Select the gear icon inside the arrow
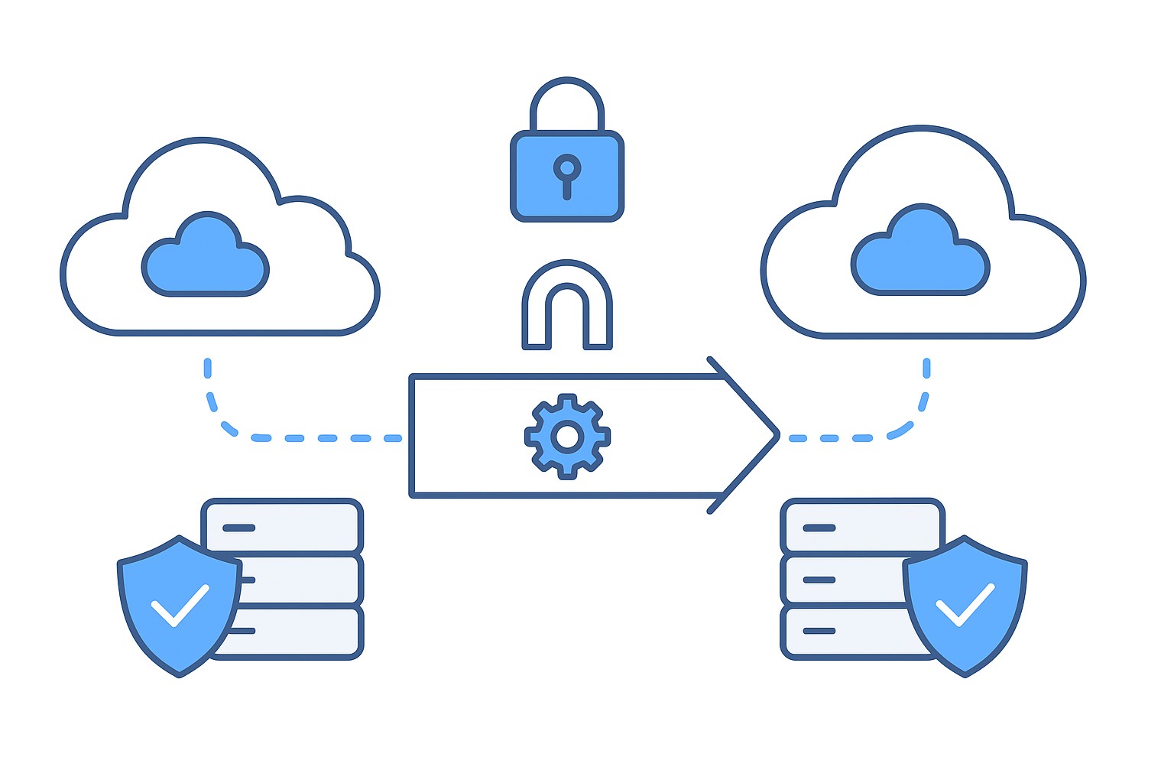pyautogui.click(x=567, y=437)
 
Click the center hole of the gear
pyautogui.click(x=567, y=437)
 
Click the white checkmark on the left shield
pyautogui.click(x=180, y=605)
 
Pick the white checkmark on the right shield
pyautogui.click(x=965, y=604)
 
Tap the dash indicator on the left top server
pyautogui.click(x=238, y=528)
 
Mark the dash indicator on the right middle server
pyautogui.click(x=819, y=580)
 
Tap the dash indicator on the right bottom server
pyautogui.click(x=819, y=631)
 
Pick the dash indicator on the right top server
pyautogui.click(x=819, y=528)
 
